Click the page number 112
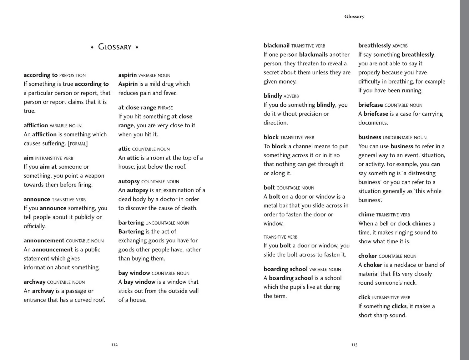pyautogui.click(x=114, y=345)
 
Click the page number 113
pyautogui.click(x=354, y=345)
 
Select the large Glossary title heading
pyautogui.click(x=115, y=47)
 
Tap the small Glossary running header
pyautogui.click(x=354, y=17)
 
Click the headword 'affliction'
pyautogui.click(x=36, y=125)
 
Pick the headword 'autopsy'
pyautogui.click(x=129, y=181)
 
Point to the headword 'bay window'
pyautogui.click(x=134, y=273)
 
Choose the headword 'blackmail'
pyautogui.click(x=276, y=46)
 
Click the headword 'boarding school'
pyautogui.click(x=285, y=269)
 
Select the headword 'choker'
pyautogui.click(x=367, y=256)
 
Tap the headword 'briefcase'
pyautogui.click(x=371, y=105)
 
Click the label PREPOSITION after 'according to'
pyautogui.click(x=72, y=76)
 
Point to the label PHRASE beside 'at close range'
pyautogui.click(x=165, y=108)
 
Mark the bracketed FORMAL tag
pyautogui.click(x=78, y=144)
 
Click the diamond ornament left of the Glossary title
pyautogui.click(x=92, y=47)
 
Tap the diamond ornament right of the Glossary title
pyautogui.click(x=137, y=47)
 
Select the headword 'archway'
pyautogui.click(x=34, y=282)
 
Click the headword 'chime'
pyautogui.click(x=366, y=215)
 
